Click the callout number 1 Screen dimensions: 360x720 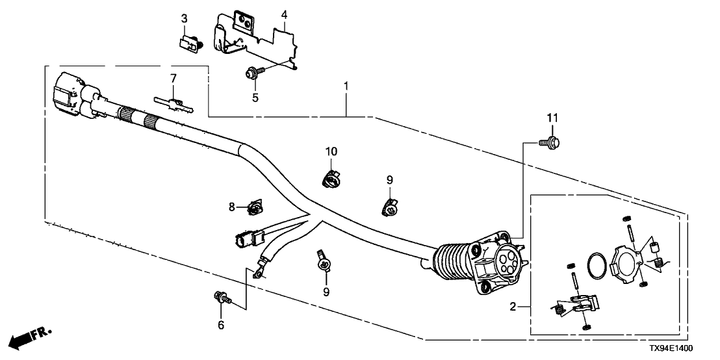346,86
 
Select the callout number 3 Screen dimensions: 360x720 184,18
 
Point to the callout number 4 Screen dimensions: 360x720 284,14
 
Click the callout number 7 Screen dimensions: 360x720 174,79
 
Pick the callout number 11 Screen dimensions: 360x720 552,118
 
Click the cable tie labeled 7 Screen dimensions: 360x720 172,103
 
